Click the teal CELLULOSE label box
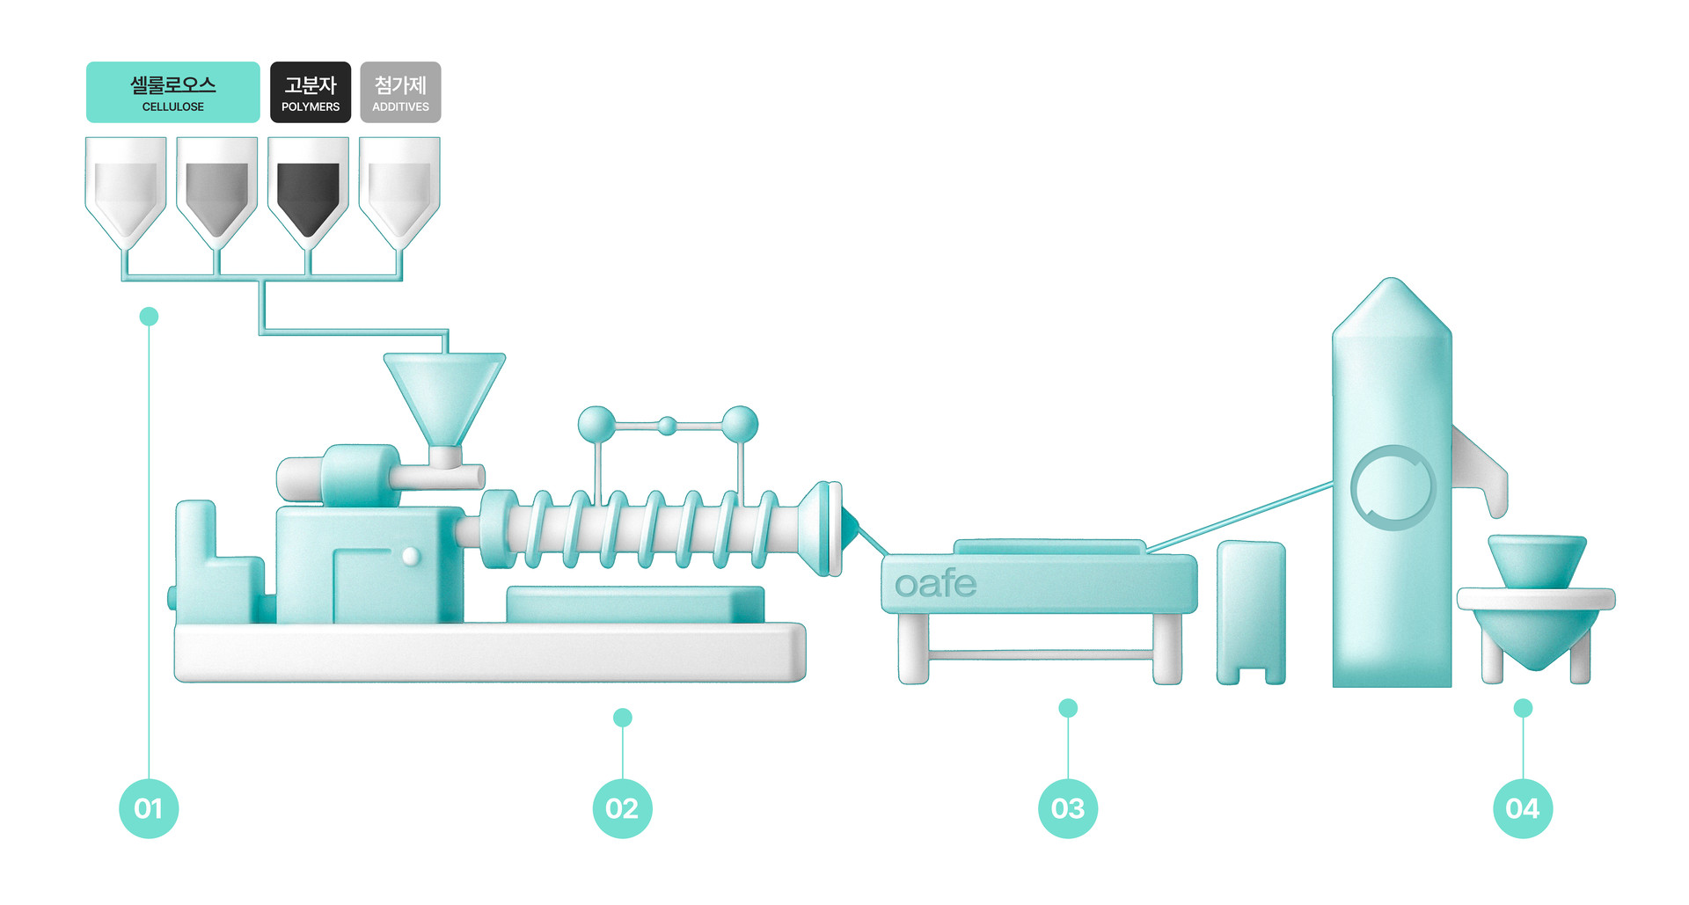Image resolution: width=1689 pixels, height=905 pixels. pos(172,91)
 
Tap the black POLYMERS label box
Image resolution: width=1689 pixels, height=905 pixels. pos(310,91)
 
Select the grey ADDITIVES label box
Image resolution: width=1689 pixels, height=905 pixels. pos(400,91)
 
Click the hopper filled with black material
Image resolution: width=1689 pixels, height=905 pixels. pos(308,195)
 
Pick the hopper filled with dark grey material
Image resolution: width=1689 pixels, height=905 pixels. pos(216,195)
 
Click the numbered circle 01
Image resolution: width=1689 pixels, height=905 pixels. pos(149,807)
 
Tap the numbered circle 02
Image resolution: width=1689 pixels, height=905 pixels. pos(622,807)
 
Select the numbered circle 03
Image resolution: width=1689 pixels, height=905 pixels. pos(1068,807)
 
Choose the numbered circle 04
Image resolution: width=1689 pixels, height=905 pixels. pos(1523,807)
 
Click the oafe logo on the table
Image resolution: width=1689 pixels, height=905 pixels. pos(935,584)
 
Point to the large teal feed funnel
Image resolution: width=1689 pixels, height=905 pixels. pos(444,391)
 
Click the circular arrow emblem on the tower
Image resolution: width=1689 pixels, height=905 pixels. pos(1393,487)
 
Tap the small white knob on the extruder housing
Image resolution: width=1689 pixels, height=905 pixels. pos(411,556)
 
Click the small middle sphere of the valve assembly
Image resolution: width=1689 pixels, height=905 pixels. pos(668,427)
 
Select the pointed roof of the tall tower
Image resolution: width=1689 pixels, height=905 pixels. pos(1392,308)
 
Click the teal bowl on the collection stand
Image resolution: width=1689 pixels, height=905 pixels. pos(1537,559)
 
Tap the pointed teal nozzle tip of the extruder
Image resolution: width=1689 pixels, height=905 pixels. pos(849,527)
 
